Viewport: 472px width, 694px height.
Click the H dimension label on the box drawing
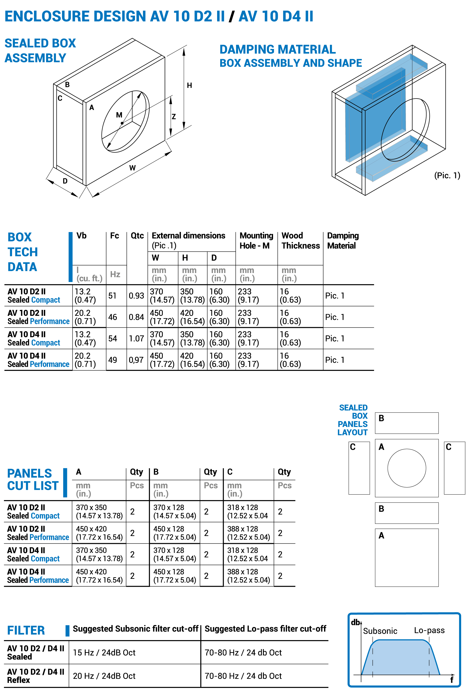pos(189,85)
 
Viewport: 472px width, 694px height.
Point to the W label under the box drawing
pos(132,168)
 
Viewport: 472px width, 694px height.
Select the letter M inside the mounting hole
pos(119,115)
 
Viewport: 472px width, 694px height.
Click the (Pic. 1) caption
pos(447,175)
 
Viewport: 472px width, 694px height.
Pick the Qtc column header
pos(137,236)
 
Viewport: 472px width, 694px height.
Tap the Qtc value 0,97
pos(136,360)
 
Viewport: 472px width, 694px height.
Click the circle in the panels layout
pos(406,468)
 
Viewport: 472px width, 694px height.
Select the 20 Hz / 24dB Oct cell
pos(104,676)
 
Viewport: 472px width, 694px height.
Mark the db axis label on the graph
pos(355,622)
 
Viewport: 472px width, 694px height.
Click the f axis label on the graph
pos(451,680)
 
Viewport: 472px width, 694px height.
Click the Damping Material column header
pos(343,241)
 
